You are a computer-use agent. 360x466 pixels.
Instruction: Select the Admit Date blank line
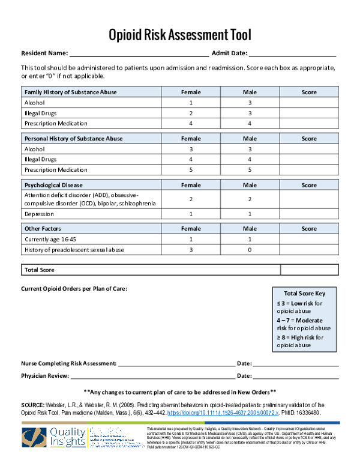coord(292,54)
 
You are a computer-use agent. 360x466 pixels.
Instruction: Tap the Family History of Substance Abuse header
coord(71,92)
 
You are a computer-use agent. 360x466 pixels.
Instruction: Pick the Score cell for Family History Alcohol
coord(309,103)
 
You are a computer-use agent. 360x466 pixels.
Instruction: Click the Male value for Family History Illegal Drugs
coord(249,113)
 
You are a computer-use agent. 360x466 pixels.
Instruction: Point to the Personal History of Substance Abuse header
coord(73,139)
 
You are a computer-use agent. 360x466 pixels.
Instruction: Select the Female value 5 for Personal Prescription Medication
coord(191,170)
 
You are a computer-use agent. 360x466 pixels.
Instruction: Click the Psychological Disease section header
coord(53,185)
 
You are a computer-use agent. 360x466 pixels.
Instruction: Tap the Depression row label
coord(39,214)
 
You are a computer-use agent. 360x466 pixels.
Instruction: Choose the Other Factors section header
coord(43,229)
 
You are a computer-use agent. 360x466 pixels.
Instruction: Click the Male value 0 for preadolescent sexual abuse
coord(249,250)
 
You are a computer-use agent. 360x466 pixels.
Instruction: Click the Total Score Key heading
coord(304,294)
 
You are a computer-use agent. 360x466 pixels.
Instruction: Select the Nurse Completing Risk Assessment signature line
coord(176,363)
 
